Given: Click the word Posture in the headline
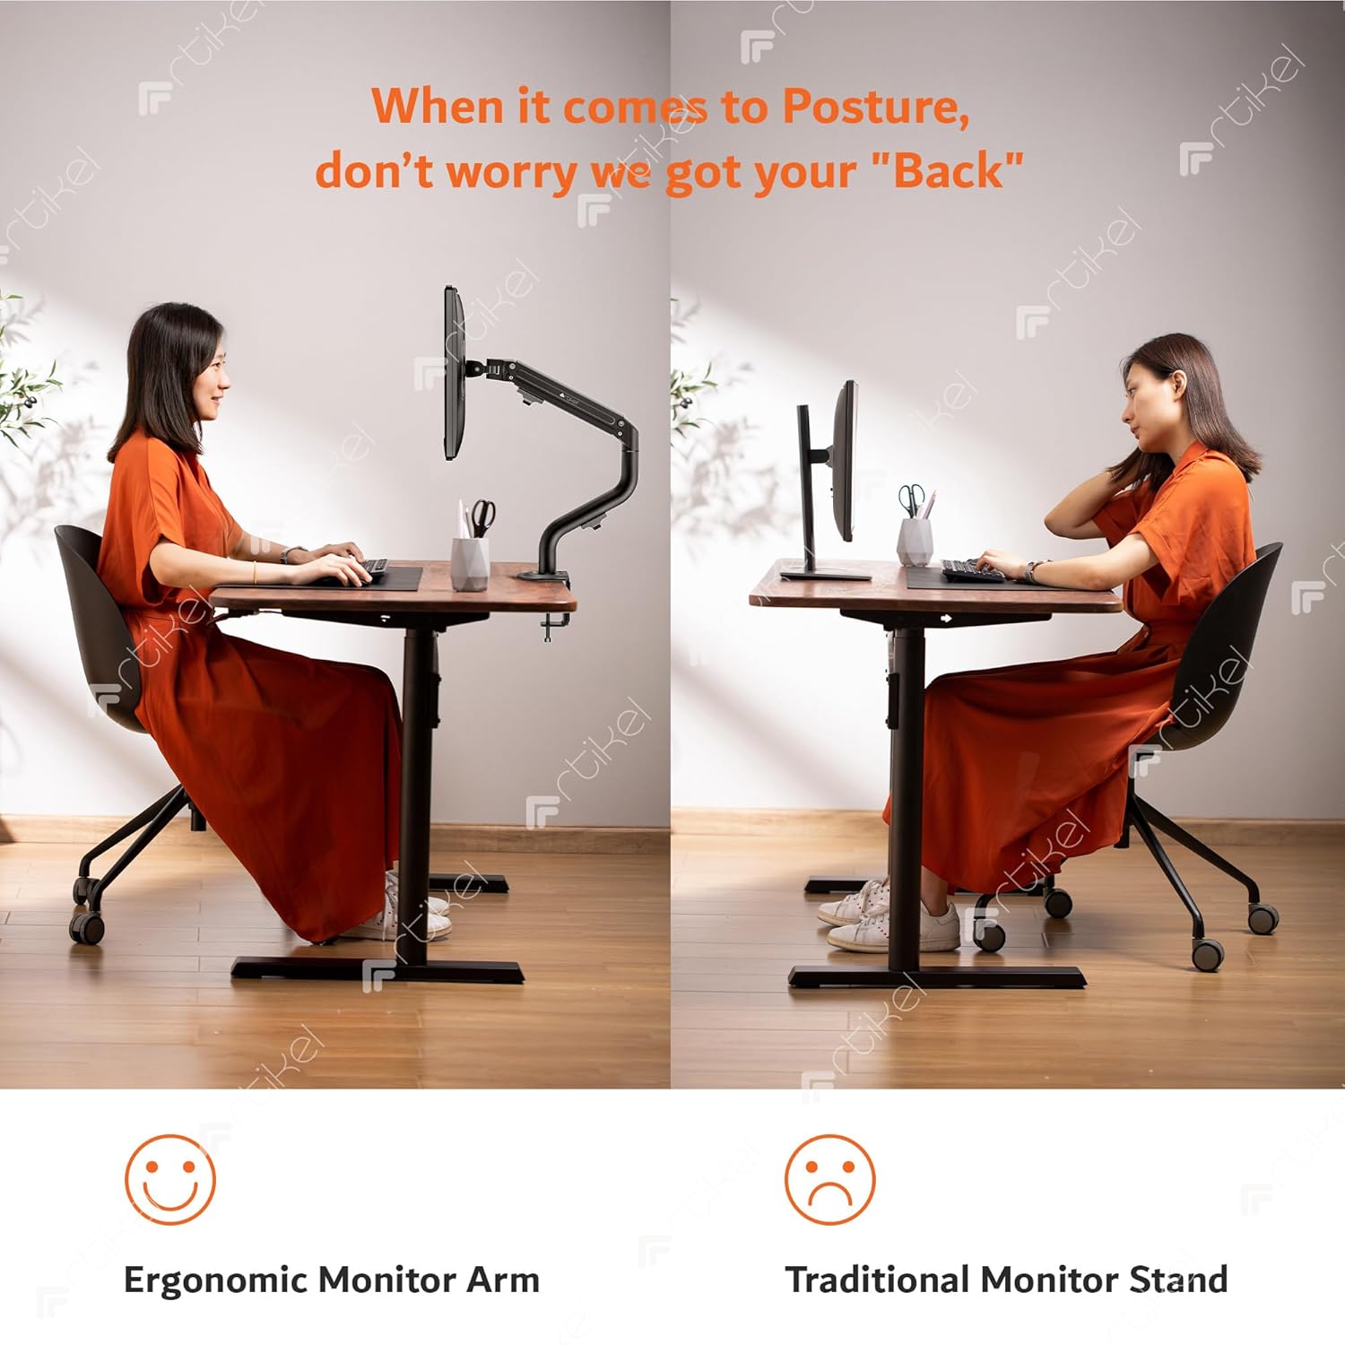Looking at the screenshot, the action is tap(875, 107).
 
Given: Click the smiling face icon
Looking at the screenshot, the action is tap(170, 1179).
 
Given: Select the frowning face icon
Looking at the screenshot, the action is tap(829, 1179).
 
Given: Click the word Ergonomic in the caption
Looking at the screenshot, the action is tap(216, 1280).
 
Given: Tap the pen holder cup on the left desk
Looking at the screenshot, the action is tap(470, 563).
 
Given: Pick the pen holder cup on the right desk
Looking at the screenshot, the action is tap(915, 541).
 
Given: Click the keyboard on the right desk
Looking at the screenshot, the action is tap(974, 570).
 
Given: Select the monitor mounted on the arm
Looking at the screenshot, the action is tap(455, 373).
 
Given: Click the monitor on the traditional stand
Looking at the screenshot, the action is tap(846, 461).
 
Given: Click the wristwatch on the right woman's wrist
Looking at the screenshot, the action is tap(1033, 571).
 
